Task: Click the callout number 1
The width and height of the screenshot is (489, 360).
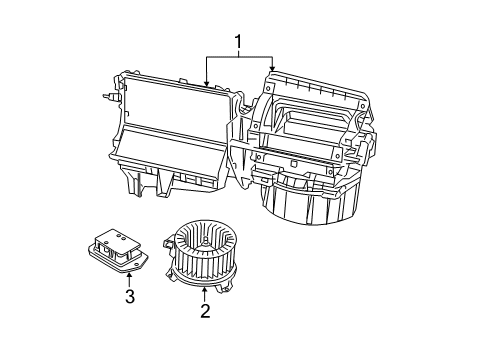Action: tap(237, 41)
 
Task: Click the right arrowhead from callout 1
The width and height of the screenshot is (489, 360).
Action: tap(272, 70)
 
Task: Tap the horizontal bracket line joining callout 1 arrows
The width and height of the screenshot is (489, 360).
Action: tap(238, 56)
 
